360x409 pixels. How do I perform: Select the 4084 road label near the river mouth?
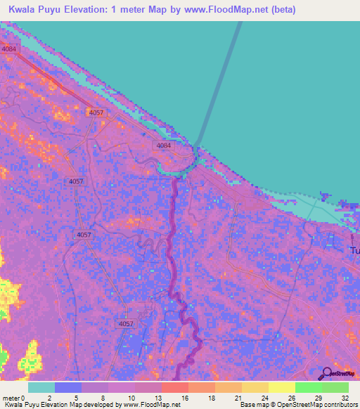coord(164,145)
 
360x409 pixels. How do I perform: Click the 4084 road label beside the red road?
coord(8,49)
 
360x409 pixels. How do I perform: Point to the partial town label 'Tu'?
coord(355,251)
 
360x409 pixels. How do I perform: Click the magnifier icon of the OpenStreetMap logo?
coord(326,372)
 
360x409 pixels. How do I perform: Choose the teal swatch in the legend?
coord(41,387)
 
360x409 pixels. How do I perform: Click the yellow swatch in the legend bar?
coord(281,387)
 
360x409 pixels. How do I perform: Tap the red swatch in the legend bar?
coord(174,387)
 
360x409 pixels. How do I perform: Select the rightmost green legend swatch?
coord(335,387)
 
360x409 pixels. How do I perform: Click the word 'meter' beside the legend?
coord(11,398)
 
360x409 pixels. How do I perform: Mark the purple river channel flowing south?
coord(171,246)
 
